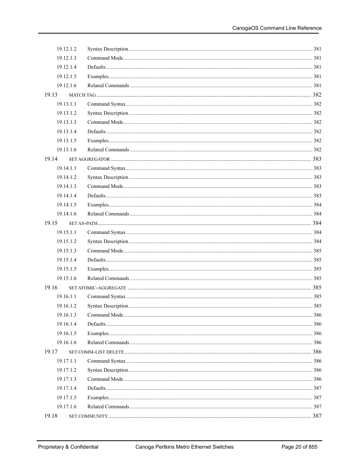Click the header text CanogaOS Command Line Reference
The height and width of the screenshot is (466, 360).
pyautogui.click(x=277, y=28)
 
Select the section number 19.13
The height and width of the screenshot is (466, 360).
pyautogui.click(x=51, y=95)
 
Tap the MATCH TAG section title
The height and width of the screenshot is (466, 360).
pyautogui.click(x=82, y=95)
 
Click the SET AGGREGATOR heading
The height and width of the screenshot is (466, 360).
pyautogui.click(x=89, y=159)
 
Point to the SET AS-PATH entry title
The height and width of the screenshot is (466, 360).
pyautogui.click(x=83, y=223)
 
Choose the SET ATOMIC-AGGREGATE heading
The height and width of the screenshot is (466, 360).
pyautogui.click(x=97, y=288)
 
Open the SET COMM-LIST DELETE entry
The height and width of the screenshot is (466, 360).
pyautogui.click(x=96, y=352)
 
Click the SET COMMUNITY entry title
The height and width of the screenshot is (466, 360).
pyautogui.click(x=88, y=416)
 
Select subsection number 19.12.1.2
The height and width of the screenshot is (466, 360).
pyautogui.click(x=66, y=49)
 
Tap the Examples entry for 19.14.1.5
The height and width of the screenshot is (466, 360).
pyautogui.click(x=98, y=205)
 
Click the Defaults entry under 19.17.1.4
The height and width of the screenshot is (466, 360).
pyautogui.click(x=96, y=388)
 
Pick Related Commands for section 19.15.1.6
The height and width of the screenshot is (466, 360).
pyautogui.click(x=108, y=278)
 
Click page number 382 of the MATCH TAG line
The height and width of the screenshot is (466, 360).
pyautogui.click(x=317, y=95)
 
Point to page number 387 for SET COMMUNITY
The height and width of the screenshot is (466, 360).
pyautogui.click(x=317, y=416)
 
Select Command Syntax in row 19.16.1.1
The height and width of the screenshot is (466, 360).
pyautogui.click(x=106, y=297)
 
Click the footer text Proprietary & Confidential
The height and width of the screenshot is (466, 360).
pyautogui.click(x=68, y=447)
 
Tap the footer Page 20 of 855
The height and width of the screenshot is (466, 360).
pyautogui.click(x=299, y=447)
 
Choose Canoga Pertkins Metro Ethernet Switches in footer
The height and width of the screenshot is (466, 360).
pyautogui.click(x=184, y=447)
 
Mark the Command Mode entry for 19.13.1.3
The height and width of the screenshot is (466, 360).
pyautogui.click(x=105, y=122)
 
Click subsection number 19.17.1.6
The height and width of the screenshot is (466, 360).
pyautogui.click(x=66, y=406)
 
